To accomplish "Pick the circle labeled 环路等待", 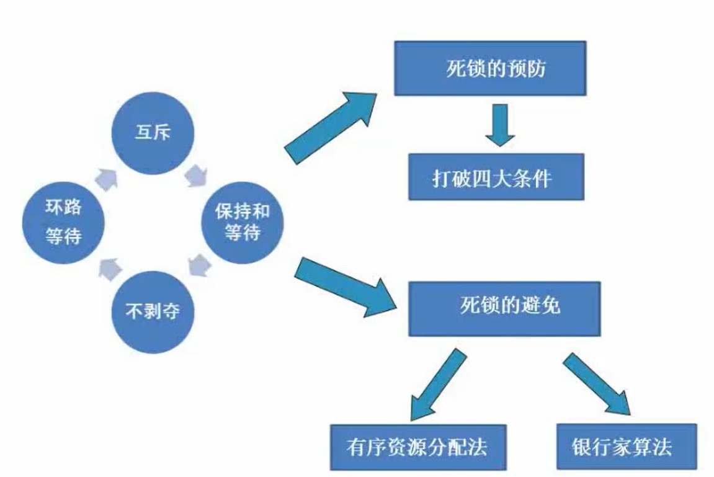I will coord(63,222).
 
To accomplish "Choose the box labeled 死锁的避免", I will coord(504,308).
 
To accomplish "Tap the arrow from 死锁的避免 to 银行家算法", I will coord(597,383).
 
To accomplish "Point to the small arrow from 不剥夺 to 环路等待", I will coord(108,267).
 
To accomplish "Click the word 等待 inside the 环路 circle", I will coord(63,236).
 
